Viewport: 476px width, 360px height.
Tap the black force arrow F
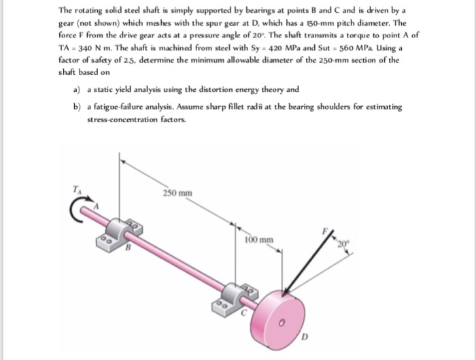pyautogui.click(x=308, y=265)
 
